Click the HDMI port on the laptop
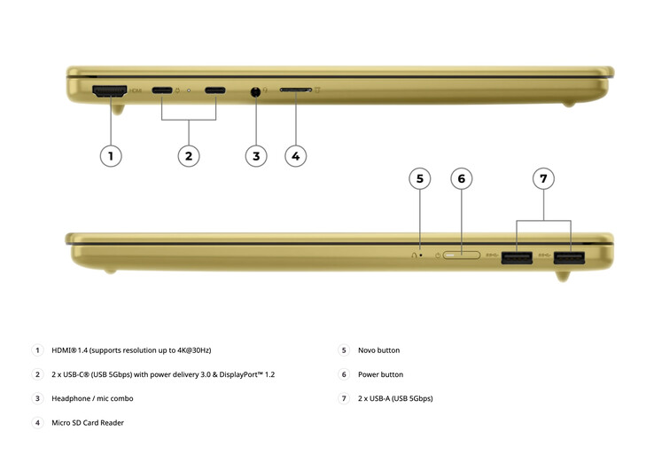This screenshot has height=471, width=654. coord(110,91)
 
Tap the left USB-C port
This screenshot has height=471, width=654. coord(162,90)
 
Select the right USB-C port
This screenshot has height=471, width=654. coord(215,90)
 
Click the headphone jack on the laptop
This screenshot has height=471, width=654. coord(256,91)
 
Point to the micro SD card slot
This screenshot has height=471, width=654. coord(296,90)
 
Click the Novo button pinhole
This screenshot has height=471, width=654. coord(420,255)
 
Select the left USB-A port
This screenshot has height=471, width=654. coord(517,257)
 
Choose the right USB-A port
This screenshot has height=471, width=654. coord(569,257)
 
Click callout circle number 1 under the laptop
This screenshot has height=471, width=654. coord(111,156)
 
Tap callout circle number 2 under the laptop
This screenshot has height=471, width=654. coord(189,156)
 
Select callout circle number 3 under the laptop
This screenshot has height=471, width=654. coord(256,156)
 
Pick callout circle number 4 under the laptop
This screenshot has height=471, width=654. coord(296,156)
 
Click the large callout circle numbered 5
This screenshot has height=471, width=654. coord(420,178)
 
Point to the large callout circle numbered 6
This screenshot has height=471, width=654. coord(462,178)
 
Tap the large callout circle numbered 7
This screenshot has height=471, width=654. coord(543,178)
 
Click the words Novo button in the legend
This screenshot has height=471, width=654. coord(378,350)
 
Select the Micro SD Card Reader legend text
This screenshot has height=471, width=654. coord(88,422)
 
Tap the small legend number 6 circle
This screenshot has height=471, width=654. coord(344,374)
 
